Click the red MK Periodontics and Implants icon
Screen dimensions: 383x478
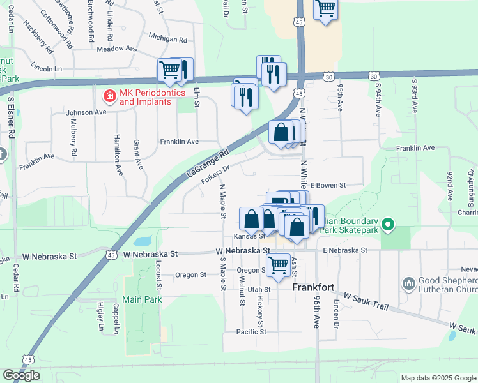click(110, 96)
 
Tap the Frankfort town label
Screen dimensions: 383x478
click(313, 288)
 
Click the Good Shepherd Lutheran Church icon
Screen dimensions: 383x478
click(410, 283)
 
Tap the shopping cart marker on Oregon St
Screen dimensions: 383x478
click(278, 265)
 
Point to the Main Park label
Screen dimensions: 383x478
click(141, 299)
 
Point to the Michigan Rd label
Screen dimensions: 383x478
click(167, 39)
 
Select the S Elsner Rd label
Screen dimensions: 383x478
click(11, 116)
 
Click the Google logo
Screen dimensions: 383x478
click(21, 375)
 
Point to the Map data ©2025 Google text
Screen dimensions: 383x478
click(438, 377)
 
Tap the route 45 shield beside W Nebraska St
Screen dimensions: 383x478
click(111, 255)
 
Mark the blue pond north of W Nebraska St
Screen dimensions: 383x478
click(143, 242)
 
